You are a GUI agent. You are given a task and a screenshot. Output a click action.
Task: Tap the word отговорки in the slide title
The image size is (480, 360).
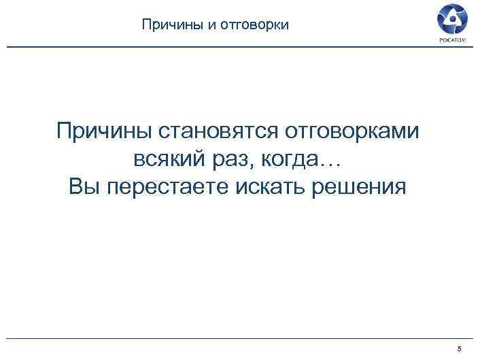(257, 25)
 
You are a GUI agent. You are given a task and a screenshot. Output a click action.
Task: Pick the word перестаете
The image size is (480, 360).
(165, 186)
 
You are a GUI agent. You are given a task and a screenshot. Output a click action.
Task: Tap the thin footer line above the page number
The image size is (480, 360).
(238, 338)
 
